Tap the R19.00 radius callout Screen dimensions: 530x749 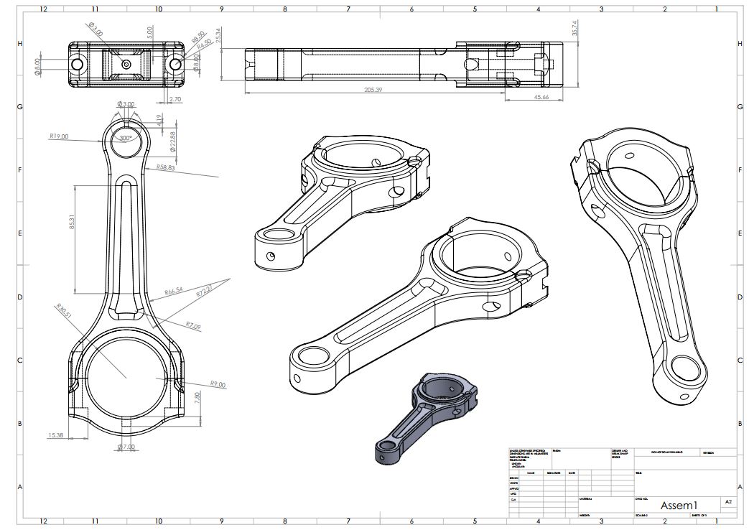click(x=59, y=136)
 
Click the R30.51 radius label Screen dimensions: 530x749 click(x=64, y=310)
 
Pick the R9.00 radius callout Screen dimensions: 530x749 click(x=218, y=385)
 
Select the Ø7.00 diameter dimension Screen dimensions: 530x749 click(x=126, y=447)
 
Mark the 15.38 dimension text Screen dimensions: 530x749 click(x=55, y=435)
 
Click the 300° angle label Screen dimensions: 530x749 click(x=126, y=138)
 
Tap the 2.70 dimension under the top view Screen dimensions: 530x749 click(x=175, y=99)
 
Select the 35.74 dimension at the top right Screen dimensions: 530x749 click(x=574, y=29)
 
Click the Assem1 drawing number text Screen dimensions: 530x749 click(x=679, y=505)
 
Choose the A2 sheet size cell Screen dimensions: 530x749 click(x=728, y=502)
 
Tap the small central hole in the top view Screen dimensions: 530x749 click(x=126, y=65)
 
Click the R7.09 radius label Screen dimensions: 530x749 click(x=193, y=326)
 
